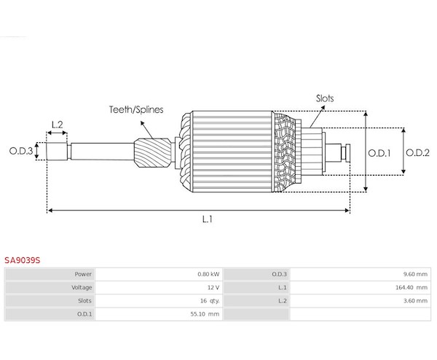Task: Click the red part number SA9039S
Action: [x=23, y=260]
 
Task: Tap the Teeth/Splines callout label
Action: [x=136, y=109]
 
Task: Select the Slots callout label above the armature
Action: [x=325, y=98]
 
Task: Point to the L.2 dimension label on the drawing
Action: [x=57, y=125]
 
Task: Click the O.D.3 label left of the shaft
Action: [x=21, y=151]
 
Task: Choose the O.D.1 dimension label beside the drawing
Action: [x=379, y=153]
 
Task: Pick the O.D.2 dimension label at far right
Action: [x=417, y=152]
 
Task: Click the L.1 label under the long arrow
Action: [x=208, y=219]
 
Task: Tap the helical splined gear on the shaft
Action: [x=153, y=153]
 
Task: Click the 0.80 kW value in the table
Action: [x=208, y=274]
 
